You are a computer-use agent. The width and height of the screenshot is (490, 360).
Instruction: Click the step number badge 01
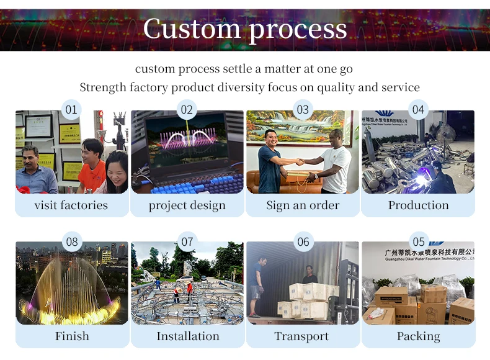[x=72, y=110]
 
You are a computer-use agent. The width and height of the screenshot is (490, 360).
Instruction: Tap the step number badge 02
[x=187, y=110]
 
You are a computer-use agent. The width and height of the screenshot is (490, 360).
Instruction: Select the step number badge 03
[x=303, y=110]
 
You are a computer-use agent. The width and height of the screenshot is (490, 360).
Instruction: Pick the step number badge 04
[x=419, y=110]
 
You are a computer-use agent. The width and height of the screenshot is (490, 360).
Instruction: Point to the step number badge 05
[x=419, y=241]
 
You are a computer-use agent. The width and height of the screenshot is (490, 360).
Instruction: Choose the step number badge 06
[x=303, y=241]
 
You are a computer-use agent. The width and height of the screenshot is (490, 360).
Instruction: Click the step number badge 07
[x=187, y=241]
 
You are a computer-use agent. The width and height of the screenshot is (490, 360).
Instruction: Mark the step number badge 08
[x=72, y=241]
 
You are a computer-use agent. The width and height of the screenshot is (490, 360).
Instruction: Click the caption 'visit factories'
[x=71, y=205]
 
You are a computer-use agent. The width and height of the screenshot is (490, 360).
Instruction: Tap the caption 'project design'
[x=187, y=205]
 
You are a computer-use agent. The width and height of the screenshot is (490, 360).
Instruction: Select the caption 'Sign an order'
[x=303, y=205]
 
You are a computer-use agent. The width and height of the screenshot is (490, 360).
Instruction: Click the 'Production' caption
[x=419, y=205]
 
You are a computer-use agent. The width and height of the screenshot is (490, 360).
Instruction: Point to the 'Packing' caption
[x=419, y=336]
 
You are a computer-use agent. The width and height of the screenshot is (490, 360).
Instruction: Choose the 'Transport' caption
[x=302, y=336]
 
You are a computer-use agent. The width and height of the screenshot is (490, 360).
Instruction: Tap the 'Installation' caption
[x=187, y=336]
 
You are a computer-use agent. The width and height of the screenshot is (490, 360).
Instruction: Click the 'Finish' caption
[x=72, y=336]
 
